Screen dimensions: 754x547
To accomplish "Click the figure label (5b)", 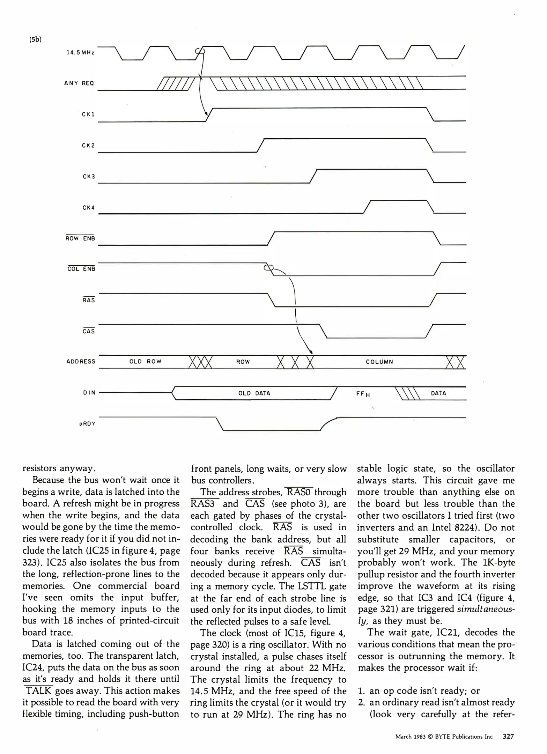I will click(x=35, y=39).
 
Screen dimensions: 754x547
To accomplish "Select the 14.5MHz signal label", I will click(x=80, y=53).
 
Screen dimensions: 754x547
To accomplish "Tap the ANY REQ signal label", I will click(x=79, y=83).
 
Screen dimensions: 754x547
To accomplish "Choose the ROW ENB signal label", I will click(x=80, y=239).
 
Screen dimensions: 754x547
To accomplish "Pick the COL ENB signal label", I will click(x=81, y=269).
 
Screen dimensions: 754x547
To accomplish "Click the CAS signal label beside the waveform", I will click(x=88, y=331).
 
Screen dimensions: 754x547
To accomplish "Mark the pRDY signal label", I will click(x=87, y=424).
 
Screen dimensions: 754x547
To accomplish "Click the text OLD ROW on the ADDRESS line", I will click(x=145, y=362).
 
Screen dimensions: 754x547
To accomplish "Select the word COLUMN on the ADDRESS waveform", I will click(x=379, y=362).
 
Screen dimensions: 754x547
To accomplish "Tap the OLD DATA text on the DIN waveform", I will click(x=254, y=393).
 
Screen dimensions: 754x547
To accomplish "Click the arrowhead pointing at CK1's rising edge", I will click(x=206, y=113).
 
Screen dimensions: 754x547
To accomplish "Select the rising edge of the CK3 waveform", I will click(x=313, y=176).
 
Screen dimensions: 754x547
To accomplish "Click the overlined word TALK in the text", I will click(x=38, y=691).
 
